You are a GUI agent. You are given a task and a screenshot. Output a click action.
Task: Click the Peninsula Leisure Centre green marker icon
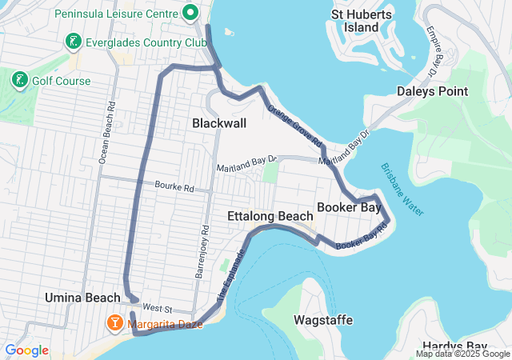190,14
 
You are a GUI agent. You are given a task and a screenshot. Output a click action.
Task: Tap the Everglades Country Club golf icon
74,42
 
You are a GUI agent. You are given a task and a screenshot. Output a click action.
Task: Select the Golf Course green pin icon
18,80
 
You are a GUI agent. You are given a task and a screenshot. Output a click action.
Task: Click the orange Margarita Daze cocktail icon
115,322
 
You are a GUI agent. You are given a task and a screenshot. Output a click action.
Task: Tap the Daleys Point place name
432,91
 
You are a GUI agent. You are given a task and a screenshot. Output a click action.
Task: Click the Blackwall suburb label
219,123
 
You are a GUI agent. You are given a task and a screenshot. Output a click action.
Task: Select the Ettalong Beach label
270,217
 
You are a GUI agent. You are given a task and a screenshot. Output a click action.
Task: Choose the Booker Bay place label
348,208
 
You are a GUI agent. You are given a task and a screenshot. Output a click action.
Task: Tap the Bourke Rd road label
175,189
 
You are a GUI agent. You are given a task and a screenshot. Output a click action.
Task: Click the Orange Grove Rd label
294,126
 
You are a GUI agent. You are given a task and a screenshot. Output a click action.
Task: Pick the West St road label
158,308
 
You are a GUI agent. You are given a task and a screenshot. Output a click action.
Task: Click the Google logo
26,350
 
